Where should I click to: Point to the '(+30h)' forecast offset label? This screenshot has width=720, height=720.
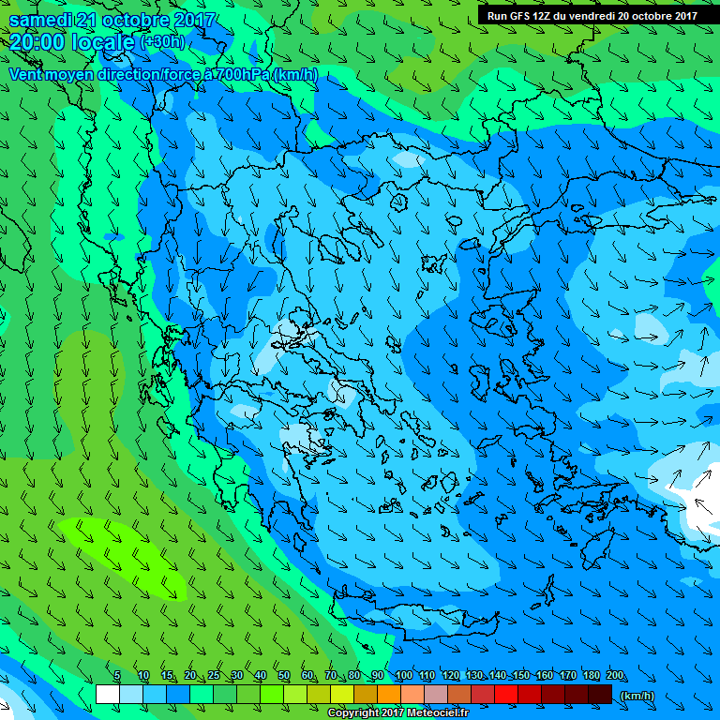point(162,42)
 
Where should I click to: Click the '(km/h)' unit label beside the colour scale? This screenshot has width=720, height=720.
point(637,696)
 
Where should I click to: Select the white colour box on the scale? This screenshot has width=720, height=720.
point(107,695)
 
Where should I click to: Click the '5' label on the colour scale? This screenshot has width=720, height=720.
point(117,676)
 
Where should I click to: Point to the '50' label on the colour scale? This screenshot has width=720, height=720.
point(283,676)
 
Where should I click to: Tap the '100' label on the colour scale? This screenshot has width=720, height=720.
point(403,676)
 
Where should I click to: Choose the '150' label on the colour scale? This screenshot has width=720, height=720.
point(520,676)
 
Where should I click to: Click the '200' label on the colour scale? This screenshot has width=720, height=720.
point(614,676)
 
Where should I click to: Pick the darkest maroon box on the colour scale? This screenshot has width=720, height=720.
point(600,695)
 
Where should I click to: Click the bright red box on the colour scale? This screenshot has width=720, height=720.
point(506,695)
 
